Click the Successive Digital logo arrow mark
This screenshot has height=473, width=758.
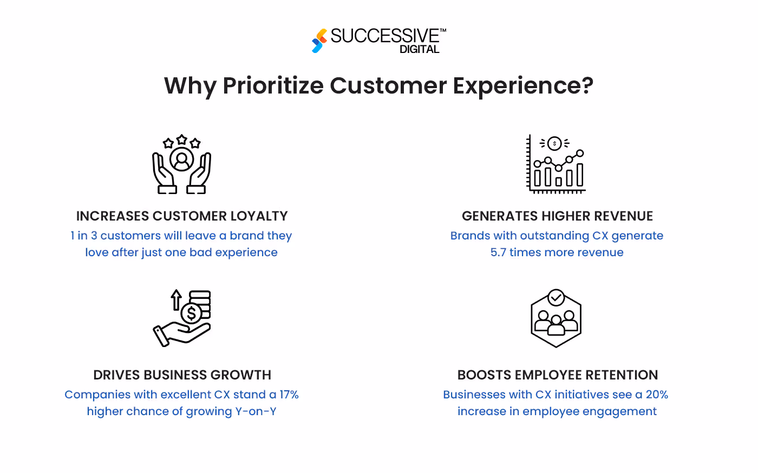tap(319, 41)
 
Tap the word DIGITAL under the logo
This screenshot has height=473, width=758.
tap(419, 49)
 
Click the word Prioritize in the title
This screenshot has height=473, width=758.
tap(273, 85)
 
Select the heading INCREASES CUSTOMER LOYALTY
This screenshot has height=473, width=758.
tap(182, 216)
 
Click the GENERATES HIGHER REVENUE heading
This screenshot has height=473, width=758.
tap(557, 216)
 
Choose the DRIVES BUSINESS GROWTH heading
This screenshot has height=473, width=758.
tap(182, 375)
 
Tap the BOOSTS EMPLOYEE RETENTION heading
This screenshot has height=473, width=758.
tap(557, 375)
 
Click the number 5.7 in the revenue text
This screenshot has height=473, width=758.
tap(498, 252)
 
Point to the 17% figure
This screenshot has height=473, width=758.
tap(289, 395)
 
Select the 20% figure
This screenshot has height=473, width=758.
tap(657, 395)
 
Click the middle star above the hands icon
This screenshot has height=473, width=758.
tap(182, 140)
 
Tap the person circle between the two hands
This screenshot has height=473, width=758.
tap(182, 159)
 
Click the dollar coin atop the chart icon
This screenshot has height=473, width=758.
tap(554, 143)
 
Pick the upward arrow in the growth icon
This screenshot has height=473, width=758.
tap(176, 299)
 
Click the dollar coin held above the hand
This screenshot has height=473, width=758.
tap(191, 314)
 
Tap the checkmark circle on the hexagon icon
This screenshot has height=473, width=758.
tap(556, 297)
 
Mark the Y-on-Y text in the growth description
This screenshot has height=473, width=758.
tap(256, 411)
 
